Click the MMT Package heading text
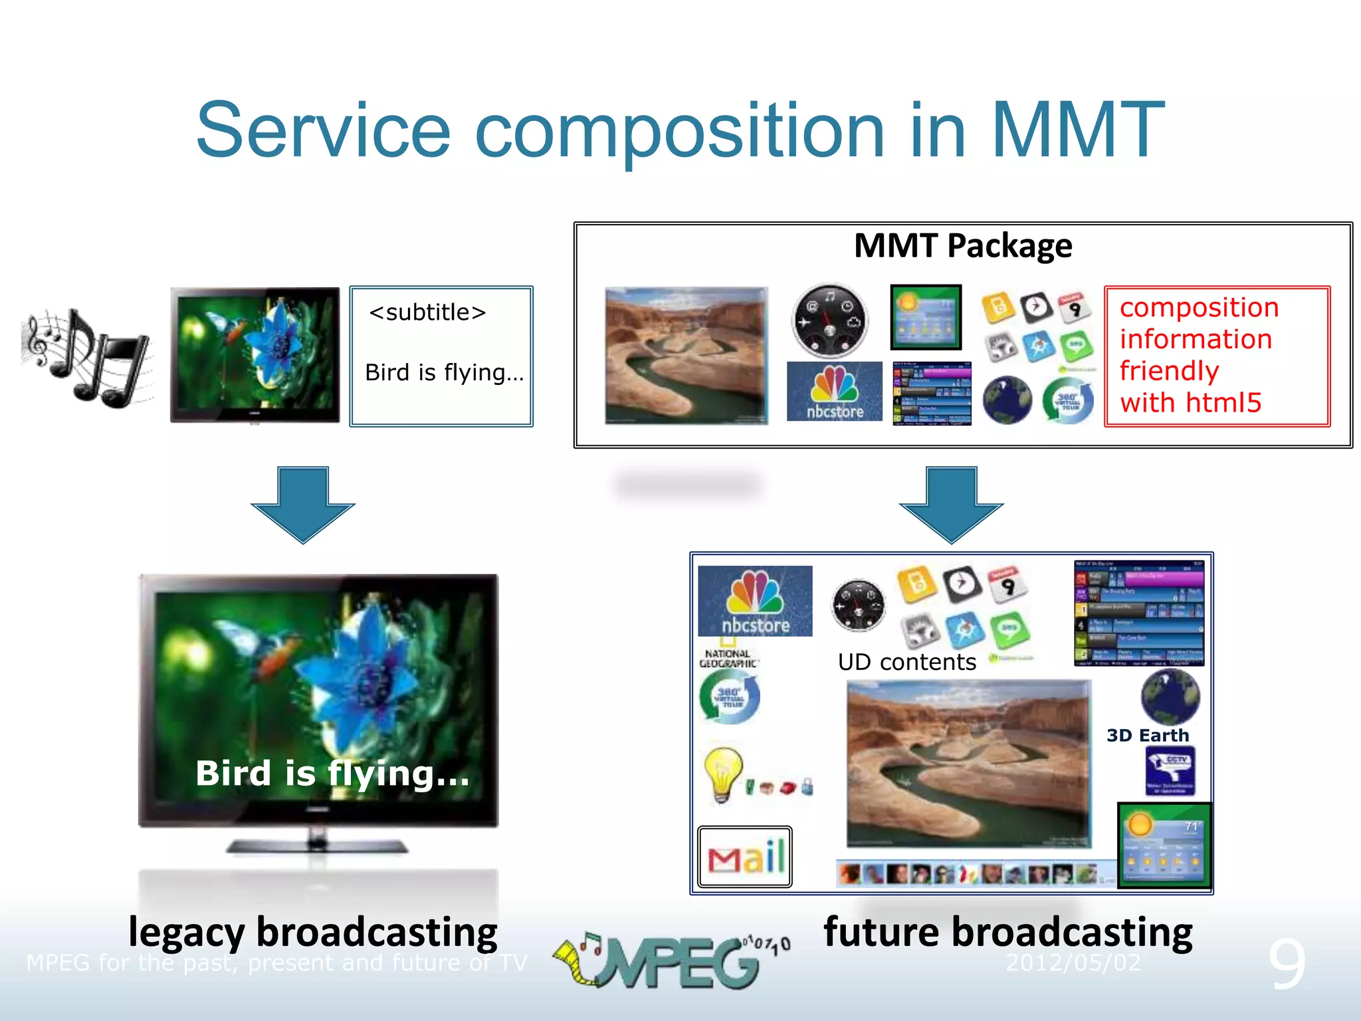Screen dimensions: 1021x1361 (x=962, y=245)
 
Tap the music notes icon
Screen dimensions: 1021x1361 (x=86, y=356)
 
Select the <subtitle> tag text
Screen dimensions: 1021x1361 (x=427, y=312)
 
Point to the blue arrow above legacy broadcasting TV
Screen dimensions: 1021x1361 (x=303, y=503)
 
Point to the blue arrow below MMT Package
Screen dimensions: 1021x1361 (x=951, y=503)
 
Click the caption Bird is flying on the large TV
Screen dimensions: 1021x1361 (x=332, y=773)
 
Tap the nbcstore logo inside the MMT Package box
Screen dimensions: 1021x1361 (x=834, y=392)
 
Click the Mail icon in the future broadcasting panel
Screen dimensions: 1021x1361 (x=745, y=857)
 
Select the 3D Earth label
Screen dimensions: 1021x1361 (x=1147, y=735)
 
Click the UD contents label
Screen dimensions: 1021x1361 (x=906, y=662)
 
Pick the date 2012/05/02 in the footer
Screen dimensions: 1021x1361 (x=1073, y=962)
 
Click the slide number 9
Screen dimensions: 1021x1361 (x=1287, y=963)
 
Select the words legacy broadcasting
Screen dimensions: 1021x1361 (x=312, y=932)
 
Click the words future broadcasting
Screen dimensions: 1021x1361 (x=1007, y=932)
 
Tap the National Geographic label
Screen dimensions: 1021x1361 (x=728, y=658)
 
